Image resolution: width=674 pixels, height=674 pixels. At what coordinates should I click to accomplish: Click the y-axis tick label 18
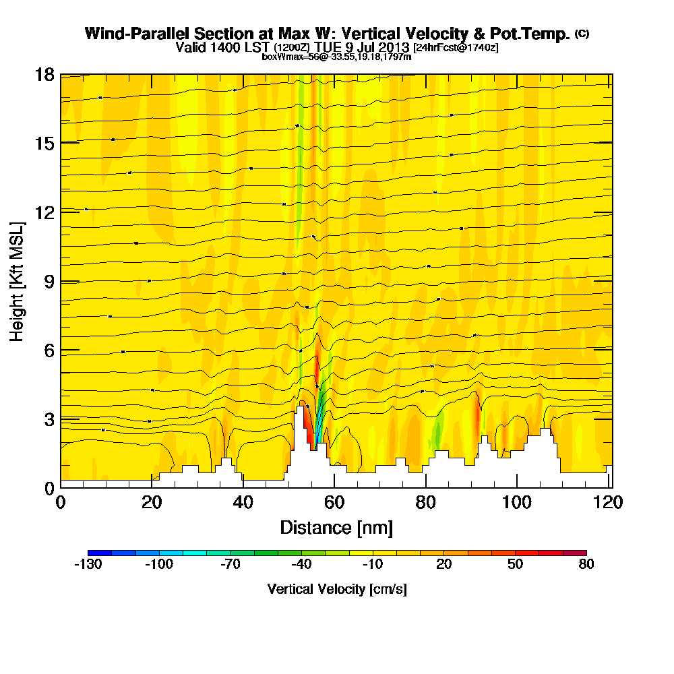[44, 74]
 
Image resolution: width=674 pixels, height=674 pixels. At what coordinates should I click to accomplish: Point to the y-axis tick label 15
[44, 143]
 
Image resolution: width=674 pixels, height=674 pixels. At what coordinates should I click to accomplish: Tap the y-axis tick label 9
[48, 281]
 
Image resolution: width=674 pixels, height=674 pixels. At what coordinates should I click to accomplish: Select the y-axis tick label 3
[48, 419]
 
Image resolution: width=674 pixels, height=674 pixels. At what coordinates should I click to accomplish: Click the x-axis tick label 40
[243, 503]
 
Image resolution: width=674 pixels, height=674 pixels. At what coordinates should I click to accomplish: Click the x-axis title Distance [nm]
[336, 526]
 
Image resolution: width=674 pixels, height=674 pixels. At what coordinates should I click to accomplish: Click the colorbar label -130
[88, 565]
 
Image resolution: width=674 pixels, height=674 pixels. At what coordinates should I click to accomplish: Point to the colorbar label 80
[586, 565]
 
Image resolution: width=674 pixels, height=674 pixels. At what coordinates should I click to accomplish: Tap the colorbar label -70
[231, 565]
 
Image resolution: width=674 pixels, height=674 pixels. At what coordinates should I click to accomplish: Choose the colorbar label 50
[515, 565]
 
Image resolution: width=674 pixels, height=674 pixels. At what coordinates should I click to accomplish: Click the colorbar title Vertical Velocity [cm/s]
[336, 589]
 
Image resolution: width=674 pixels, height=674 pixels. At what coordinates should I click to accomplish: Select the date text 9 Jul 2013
[378, 47]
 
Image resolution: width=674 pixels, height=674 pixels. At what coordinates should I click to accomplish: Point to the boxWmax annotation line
[336, 57]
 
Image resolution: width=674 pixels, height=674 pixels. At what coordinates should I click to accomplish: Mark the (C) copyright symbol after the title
[582, 33]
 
